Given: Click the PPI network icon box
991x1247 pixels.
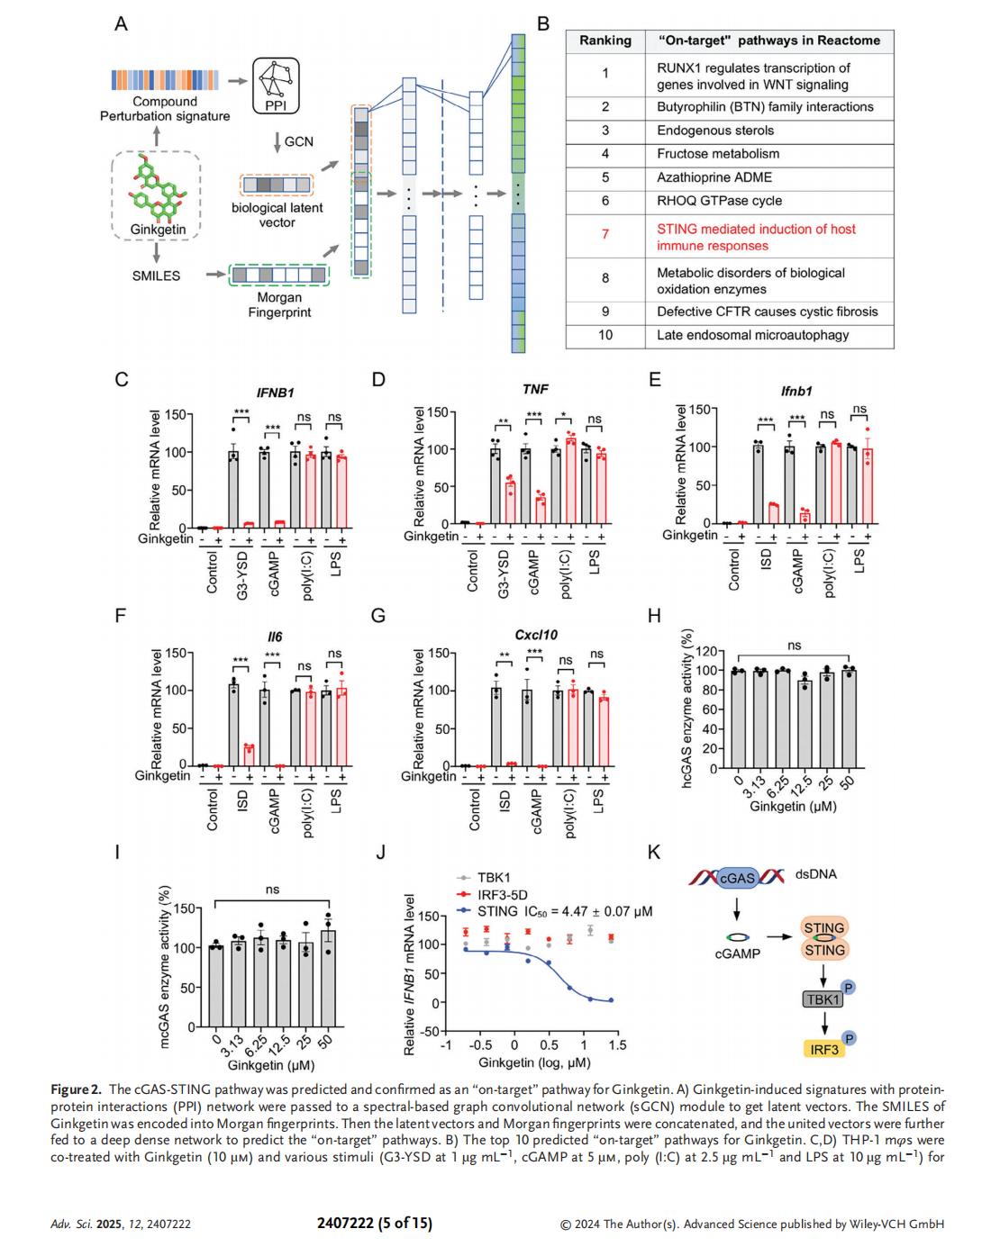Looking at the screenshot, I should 276,86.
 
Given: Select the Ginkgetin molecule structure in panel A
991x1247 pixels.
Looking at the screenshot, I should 157,189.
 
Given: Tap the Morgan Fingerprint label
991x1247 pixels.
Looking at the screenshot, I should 279,304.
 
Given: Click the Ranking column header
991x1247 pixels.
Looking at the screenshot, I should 605,41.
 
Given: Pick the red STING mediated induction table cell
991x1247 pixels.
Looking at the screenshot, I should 756,237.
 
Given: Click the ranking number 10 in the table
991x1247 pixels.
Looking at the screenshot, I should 605,335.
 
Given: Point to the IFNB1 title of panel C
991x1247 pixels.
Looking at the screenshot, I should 275,393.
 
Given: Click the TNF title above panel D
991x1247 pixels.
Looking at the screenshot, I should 535,389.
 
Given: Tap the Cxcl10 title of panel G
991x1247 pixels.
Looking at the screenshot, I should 536,635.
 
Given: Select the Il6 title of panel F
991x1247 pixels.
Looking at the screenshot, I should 275,637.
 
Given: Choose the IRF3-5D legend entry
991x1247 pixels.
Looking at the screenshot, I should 502,894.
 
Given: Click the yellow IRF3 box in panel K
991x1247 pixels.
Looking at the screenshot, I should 823,1050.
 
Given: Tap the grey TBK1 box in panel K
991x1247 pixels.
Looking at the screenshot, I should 823,999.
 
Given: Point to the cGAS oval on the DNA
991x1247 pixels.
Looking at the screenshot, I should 737,878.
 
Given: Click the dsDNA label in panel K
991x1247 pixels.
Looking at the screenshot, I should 815,874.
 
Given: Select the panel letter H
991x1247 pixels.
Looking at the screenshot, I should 654,616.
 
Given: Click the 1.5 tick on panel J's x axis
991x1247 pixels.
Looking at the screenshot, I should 617,1045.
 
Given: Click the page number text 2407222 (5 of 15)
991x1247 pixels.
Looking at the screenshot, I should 374,1223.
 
